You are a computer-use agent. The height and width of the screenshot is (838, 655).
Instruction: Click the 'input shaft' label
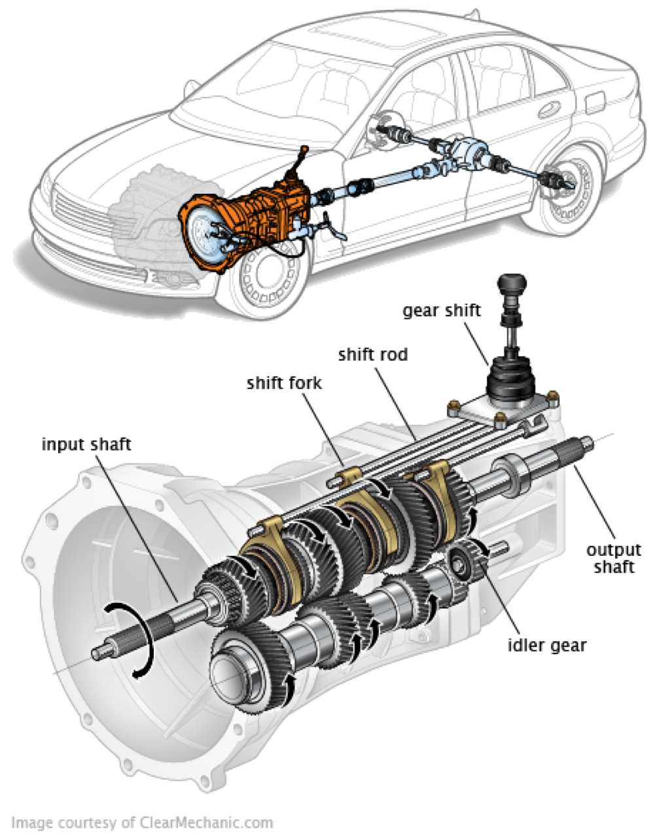pyautogui.click(x=86, y=445)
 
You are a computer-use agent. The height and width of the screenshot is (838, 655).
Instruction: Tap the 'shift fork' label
pyautogui.click(x=284, y=382)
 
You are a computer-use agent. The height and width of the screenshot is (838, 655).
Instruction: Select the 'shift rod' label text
pyautogui.click(x=372, y=355)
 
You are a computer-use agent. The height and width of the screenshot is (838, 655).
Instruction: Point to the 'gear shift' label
pyautogui.click(x=441, y=310)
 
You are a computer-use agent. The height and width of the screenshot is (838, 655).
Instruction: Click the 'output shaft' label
pyautogui.click(x=613, y=558)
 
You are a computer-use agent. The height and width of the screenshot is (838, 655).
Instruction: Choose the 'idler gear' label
pyautogui.click(x=547, y=645)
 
